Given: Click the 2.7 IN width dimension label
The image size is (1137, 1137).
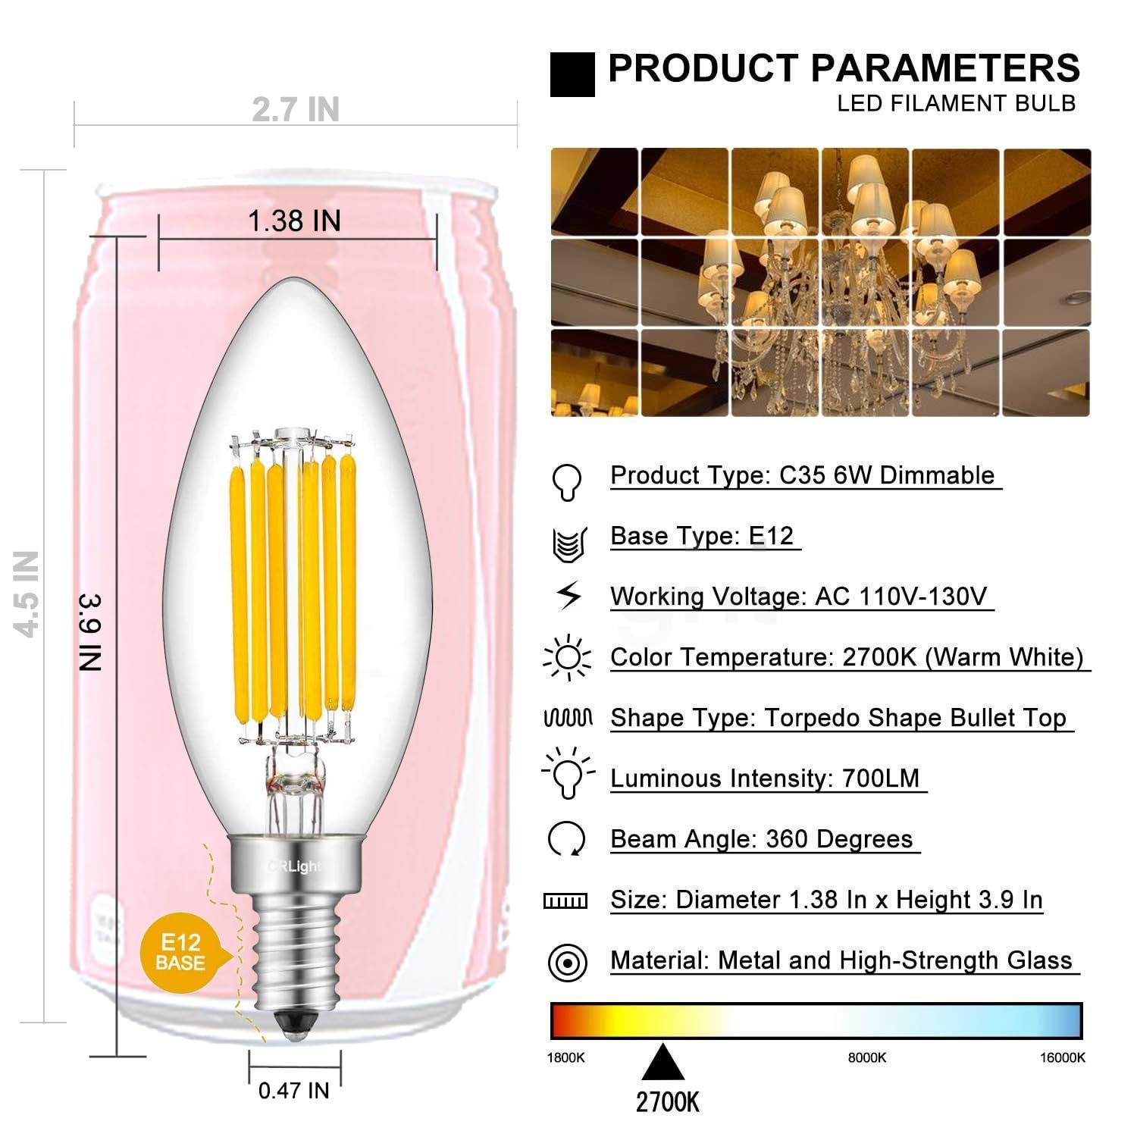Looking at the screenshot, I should [296, 110].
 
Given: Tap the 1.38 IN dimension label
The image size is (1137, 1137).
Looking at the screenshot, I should [294, 221].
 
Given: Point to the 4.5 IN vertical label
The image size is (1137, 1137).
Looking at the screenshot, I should [27, 594].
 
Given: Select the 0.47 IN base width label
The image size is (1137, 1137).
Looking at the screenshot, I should [294, 1091].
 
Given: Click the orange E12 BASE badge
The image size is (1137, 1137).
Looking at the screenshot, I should [180, 953].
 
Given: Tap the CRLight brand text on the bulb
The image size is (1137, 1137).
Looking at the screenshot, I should [295, 866].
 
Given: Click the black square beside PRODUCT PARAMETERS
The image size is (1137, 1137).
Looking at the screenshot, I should [572, 74].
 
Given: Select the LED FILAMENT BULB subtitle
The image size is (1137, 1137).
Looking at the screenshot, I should [956, 104].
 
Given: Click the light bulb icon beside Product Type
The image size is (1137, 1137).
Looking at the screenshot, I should [567, 481].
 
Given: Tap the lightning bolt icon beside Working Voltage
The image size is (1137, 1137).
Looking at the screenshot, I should [569, 596].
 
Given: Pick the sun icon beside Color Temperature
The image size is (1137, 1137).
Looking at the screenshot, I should [567, 657].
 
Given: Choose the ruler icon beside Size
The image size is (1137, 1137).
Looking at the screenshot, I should [565, 901].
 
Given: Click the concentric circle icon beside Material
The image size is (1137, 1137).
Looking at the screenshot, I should [567, 963].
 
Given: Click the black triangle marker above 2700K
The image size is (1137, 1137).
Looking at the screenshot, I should [663, 1063].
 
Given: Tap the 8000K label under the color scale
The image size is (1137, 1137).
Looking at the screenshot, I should [867, 1058].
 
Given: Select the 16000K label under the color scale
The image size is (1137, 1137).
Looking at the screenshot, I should [1063, 1058].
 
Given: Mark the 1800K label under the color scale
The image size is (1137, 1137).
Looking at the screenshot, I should [566, 1058].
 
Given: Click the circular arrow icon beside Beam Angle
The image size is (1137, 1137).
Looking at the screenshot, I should [566, 839].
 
